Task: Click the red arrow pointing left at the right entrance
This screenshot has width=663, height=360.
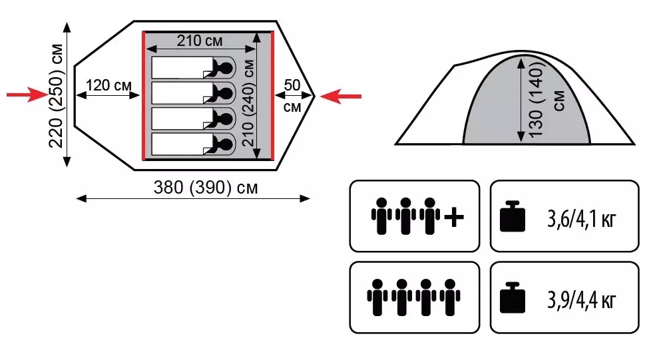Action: (341, 96)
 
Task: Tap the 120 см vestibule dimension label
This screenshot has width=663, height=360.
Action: (109, 85)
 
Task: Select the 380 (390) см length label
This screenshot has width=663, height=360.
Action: (206, 187)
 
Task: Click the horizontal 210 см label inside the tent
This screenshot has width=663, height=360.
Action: (200, 41)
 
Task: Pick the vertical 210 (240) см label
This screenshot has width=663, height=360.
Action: (248, 102)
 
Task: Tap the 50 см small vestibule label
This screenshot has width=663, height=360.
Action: (292, 96)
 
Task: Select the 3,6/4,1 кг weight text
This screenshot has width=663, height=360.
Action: (581, 219)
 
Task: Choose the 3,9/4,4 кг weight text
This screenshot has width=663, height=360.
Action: (581, 300)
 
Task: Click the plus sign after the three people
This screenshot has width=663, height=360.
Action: (455, 217)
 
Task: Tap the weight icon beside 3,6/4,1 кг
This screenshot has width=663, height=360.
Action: (513, 216)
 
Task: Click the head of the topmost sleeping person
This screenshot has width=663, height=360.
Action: (226, 67)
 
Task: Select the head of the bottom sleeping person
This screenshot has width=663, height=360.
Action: (226, 144)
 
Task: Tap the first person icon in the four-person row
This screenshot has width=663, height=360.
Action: (377, 297)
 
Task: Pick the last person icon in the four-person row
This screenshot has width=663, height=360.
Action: (450, 297)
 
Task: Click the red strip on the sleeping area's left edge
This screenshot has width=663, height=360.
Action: (144, 96)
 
